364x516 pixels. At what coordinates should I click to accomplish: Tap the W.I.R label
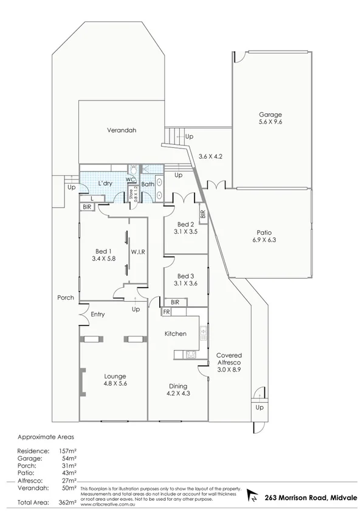click(138, 251)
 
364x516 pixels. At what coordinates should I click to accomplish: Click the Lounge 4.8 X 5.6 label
click(114, 380)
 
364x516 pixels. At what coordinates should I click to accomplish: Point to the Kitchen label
click(176, 334)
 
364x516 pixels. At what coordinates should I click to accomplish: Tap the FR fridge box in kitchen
click(165, 312)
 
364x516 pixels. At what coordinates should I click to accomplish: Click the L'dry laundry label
click(106, 183)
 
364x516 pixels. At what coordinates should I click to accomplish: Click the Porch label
click(66, 298)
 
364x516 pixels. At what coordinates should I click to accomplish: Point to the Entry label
click(98, 315)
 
